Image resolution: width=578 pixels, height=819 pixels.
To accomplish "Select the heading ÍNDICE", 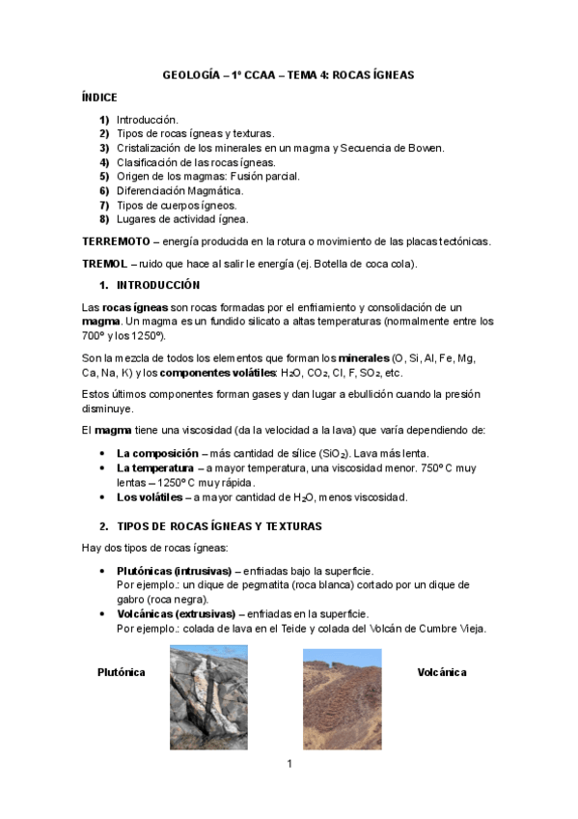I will click(x=99, y=98).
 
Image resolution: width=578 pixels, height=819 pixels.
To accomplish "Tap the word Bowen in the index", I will click(x=426, y=148).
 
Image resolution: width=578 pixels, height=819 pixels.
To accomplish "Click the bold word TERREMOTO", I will click(x=116, y=240).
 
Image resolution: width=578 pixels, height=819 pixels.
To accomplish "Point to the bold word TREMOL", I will click(x=104, y=264).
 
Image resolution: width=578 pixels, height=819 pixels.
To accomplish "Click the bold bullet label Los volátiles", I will click(x=149, y=497).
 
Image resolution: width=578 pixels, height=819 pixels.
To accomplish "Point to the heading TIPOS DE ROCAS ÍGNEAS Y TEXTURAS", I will click(x=219, y=526).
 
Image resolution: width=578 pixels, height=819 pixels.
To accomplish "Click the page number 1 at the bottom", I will click(x=289, y=764).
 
